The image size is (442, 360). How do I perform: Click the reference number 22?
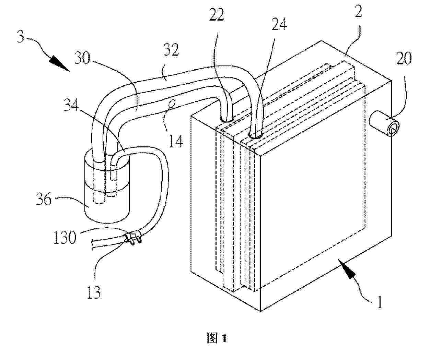[x=217, y=15]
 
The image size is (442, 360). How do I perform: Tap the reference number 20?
[x=404, y=58]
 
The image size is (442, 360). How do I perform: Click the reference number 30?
[x=82, y=58]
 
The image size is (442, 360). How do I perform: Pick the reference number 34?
[x=71, y=105]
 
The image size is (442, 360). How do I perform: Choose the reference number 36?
[x=44, y=199]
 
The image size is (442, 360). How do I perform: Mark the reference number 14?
[x=176, y=141]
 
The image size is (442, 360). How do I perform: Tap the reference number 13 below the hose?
[x=94, y=292]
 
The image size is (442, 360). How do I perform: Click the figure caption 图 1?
[x=217, y=338]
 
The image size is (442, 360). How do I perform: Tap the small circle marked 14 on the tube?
[x=171, y=103]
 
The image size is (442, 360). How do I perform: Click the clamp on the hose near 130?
[x=133, y=239]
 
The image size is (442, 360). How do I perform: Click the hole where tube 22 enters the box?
[x=227, y=119]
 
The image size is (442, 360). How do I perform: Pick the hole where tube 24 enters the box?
[x=255, y=136]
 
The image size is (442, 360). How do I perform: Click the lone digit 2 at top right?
[x=359, y=11]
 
